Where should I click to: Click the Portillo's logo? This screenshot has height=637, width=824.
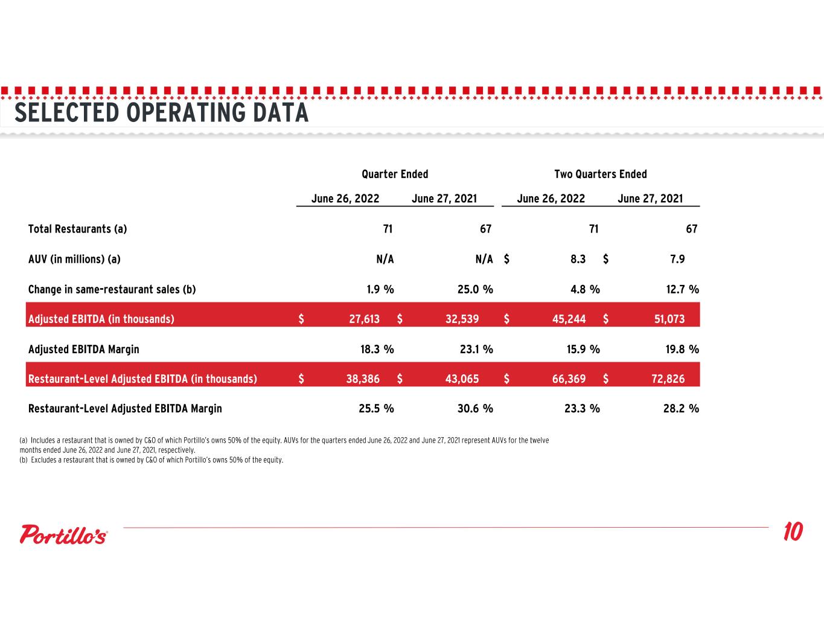pyautogui.click(x=63, y=534)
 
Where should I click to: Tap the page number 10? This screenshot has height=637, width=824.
pyautogui.click(x=793, y=531)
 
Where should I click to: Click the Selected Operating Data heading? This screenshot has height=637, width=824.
pyautogui.click(x=161, y=113)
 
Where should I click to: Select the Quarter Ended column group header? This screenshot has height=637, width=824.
pyautogui.click(x=395, y=174)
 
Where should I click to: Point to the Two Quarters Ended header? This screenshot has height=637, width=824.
pyautogui.click(x=601, y=174)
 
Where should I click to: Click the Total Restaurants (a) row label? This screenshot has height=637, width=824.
pyautogui.click(x=77, y=229)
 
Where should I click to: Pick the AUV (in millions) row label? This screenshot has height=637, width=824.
pyautogui.click(x=74, y=260)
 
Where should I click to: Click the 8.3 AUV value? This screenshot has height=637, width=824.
pyautogui.click(x=578, y=259)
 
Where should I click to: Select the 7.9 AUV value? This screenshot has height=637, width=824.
pyautogui.click(x=677, y=259)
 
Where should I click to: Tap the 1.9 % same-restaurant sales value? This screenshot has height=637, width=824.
pyautogui.click(x=380, y=289)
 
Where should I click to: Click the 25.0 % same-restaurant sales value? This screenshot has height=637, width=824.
pyautogui.click(x=475, y=289)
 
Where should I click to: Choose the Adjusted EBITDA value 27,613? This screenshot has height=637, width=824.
pyautogui.click(x=364, y=319)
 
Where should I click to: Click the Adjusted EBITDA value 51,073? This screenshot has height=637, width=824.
pyautogui.click(x=669, y=319)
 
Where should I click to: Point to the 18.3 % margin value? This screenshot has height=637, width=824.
pyautogui.click(x=377, y=349)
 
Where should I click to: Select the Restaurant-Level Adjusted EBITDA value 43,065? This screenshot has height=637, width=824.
pyautogui.click(x=462, y=379)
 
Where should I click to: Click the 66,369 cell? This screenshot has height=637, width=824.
pyautogui.click(x=569, y=379)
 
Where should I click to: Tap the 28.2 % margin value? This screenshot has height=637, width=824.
pyautogui.click(x=681, y=408)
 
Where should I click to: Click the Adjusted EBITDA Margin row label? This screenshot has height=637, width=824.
pyautogui.click(x=84, y=349)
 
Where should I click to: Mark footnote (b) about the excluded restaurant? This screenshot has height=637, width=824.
pyautogui.click(x=152, y=460)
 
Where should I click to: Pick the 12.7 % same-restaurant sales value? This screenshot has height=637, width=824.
pyautogui.click(x=683, y=289)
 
